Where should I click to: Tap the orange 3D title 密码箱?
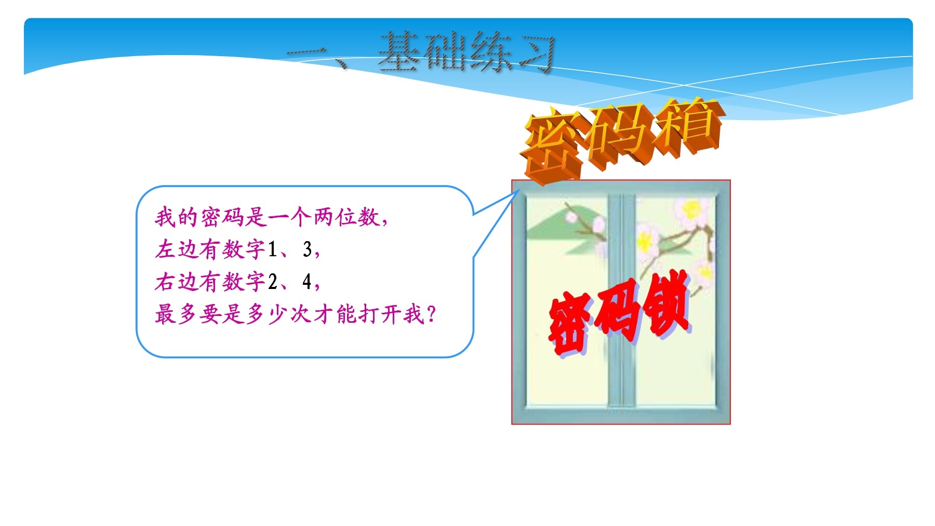622,139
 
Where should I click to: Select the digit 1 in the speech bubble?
272,249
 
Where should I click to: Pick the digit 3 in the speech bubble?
308,249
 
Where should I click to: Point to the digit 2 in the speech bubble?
273,282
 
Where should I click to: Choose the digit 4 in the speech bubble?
308,282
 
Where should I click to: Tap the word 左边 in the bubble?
177,249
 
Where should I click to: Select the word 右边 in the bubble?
177,282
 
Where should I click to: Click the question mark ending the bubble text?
431,314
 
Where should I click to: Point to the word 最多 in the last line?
177,314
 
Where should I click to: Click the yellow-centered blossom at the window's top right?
691,211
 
